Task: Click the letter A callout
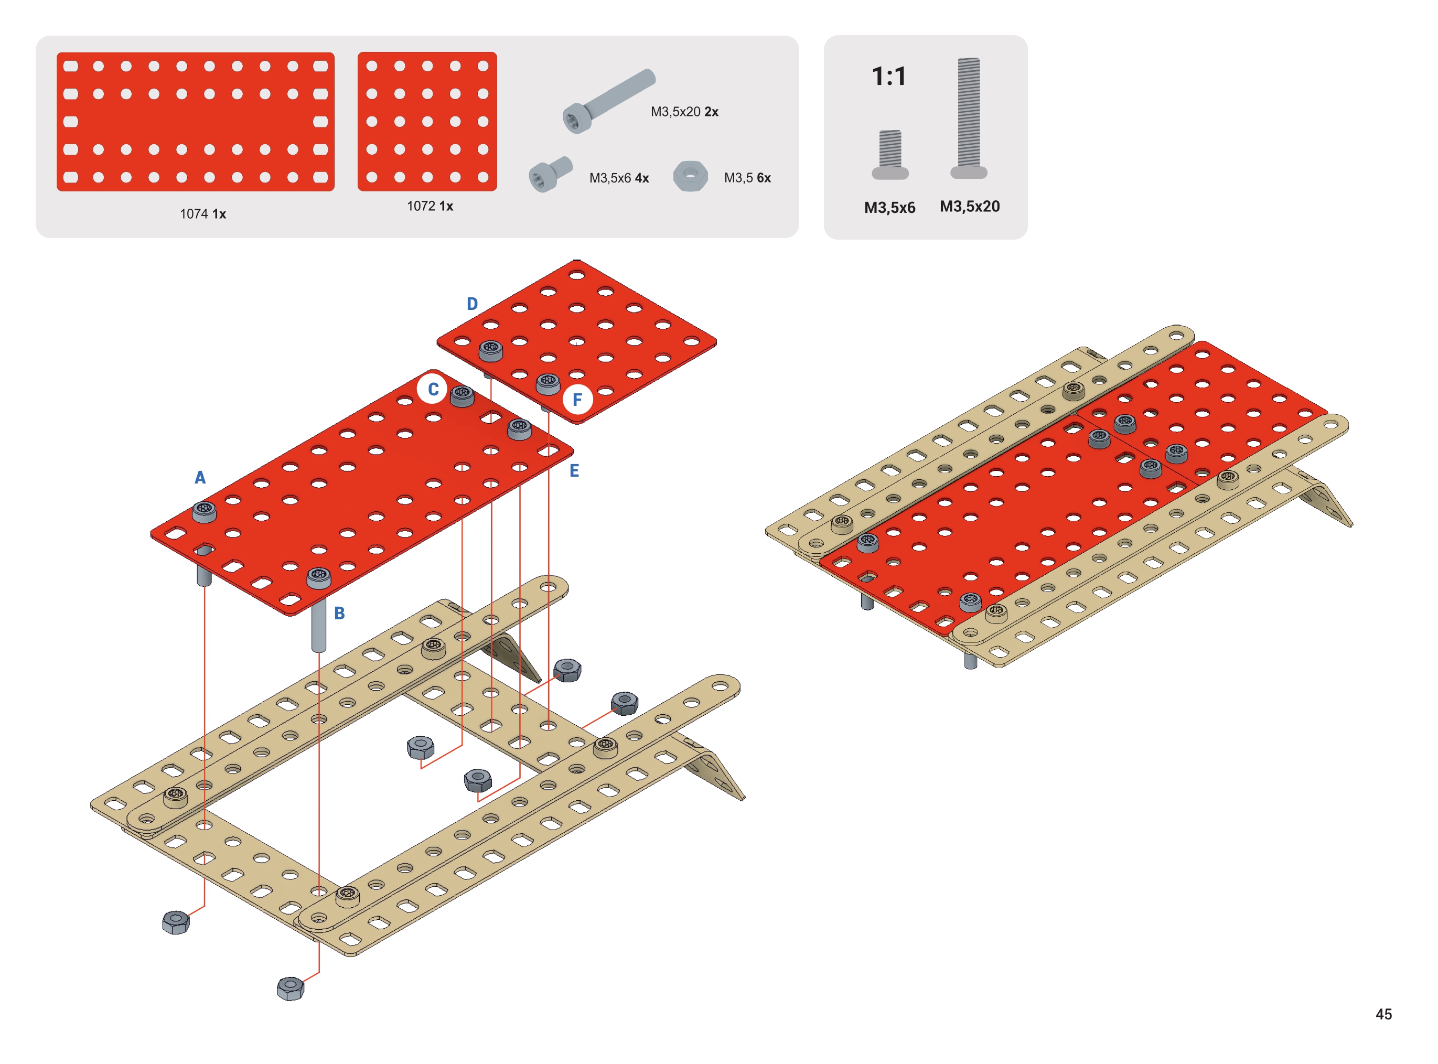tap(200, 478)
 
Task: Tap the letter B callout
tap(339, 614)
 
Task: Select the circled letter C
tap(433, 389)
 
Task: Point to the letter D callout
tap(472, 304)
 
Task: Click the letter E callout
tap(574, 471)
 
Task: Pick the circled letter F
tap(577, 399)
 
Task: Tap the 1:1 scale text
tap(889, 77)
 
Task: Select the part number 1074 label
tap(203, 214)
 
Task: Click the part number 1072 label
tap(430, 206)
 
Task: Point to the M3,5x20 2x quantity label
tap(684, 111)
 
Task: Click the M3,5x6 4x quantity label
tap(619, 178)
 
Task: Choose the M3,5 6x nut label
tap(748, 178)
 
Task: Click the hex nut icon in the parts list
tap(690, 176)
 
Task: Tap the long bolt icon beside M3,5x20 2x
tap(608, 101)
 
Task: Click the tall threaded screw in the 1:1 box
tap(969, 118)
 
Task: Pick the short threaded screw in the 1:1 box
tap(890, 155)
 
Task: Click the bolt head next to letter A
tap(204, 512)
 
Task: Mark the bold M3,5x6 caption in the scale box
tap(890, 207)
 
